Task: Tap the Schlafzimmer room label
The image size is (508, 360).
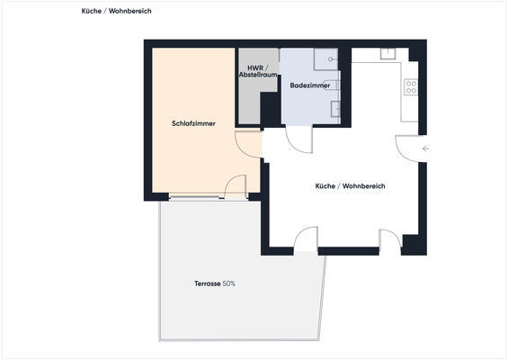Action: tap(193, 123)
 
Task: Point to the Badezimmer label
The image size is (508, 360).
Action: tap(309, 85)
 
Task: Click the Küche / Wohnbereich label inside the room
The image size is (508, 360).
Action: tap(350, 185)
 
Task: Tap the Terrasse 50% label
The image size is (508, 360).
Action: tap(214, 283)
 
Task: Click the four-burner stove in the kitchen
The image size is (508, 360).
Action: tap(411, 87)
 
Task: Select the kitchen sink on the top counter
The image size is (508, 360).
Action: tap(388, 53)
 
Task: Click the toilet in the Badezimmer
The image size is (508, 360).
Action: tap(334, 85)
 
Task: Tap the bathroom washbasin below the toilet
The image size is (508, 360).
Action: tap(335, 109)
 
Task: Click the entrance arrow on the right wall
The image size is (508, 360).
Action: tap(425, 148)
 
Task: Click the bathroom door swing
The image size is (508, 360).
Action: tap(297, 139)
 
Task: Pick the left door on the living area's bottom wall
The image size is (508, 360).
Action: tap(306, 238)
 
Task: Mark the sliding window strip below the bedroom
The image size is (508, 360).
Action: tap(196, 196)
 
